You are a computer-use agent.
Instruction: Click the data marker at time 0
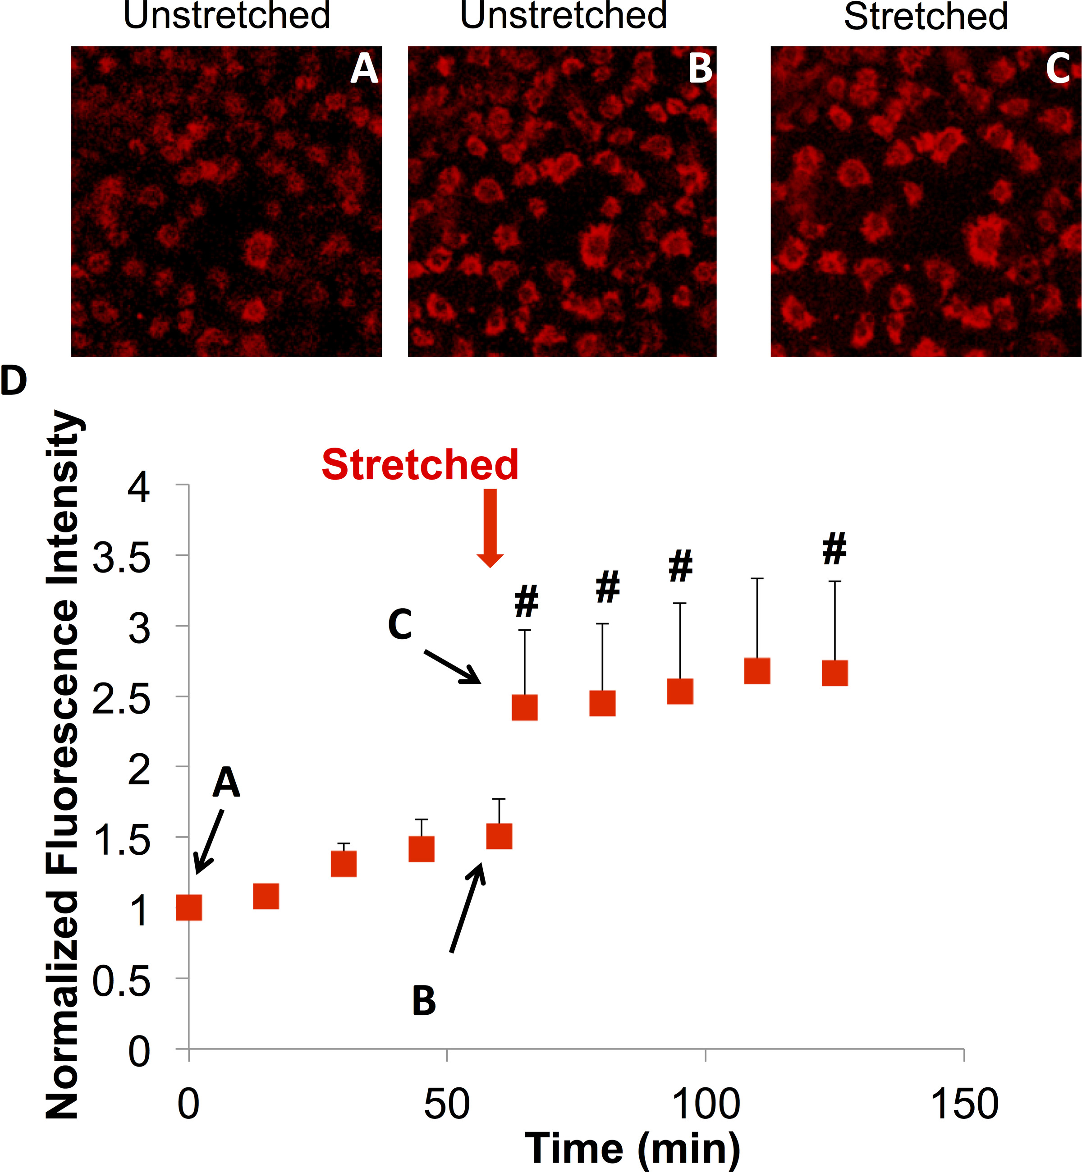[x=189, y=907]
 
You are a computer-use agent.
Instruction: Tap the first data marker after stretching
[x=525, y=708]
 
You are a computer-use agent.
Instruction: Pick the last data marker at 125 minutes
[x=835, y=673]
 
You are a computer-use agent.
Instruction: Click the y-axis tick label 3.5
[x=122, y=558]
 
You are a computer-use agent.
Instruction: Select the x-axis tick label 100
[x=706, y=1104]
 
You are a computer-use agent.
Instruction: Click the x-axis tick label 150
[x=964, y=1104]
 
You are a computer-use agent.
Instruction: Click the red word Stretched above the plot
[x=420, y=465]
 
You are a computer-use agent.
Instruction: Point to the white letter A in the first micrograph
[x=364, y=69]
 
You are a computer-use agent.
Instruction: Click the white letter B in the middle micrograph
[x=700, y=69]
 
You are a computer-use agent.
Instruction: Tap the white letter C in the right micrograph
[x=1058, y=69]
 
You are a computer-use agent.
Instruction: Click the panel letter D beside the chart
[x=14, y=380]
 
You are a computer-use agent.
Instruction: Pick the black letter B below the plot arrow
[x=424, y=1001]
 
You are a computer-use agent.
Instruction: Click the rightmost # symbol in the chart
[x=834, y=549]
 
